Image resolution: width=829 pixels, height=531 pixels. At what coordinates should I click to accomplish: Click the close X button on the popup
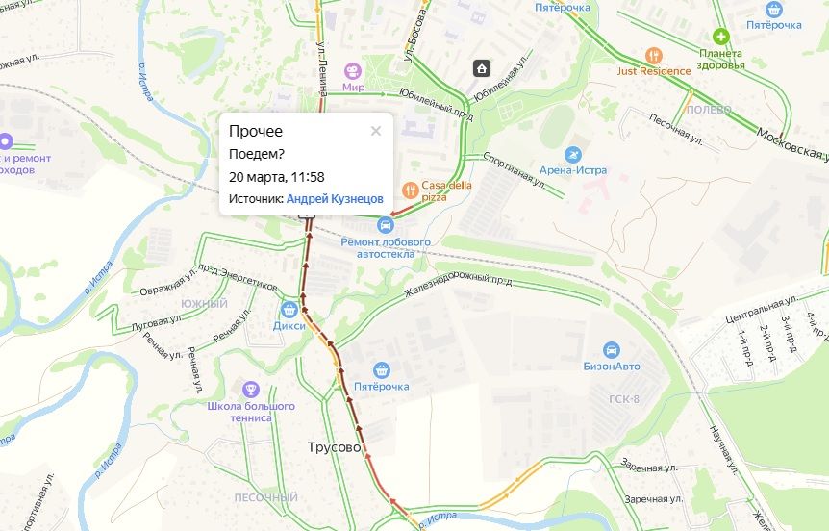[376, 132]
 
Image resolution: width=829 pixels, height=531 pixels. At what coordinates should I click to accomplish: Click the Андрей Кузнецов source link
[335, 198]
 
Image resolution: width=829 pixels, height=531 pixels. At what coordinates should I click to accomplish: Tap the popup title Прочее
[256, 132]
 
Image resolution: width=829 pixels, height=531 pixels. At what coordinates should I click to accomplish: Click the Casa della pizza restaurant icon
[409, 189]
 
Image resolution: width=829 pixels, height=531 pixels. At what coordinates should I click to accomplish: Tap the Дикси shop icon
[289, 310]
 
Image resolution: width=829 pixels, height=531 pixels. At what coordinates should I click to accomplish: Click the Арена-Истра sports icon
[574, 155]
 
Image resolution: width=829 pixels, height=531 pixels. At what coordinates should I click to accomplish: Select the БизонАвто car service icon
[610, 350]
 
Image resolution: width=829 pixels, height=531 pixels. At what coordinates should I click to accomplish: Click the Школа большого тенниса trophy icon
[250, 390]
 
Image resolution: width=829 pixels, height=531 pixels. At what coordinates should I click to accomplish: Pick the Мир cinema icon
[353, 71]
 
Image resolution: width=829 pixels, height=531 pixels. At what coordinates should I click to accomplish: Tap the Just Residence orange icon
[654, 55]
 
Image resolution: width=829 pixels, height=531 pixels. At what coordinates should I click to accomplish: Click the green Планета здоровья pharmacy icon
[720, 36]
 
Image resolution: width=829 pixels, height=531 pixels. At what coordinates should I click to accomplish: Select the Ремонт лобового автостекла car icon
[386, 225]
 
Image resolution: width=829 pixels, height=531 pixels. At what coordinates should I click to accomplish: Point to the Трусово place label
[334, 448]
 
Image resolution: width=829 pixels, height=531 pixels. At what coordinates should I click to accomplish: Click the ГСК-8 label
[624, 399]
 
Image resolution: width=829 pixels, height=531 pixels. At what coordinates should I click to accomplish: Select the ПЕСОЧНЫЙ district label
[266, 497]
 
